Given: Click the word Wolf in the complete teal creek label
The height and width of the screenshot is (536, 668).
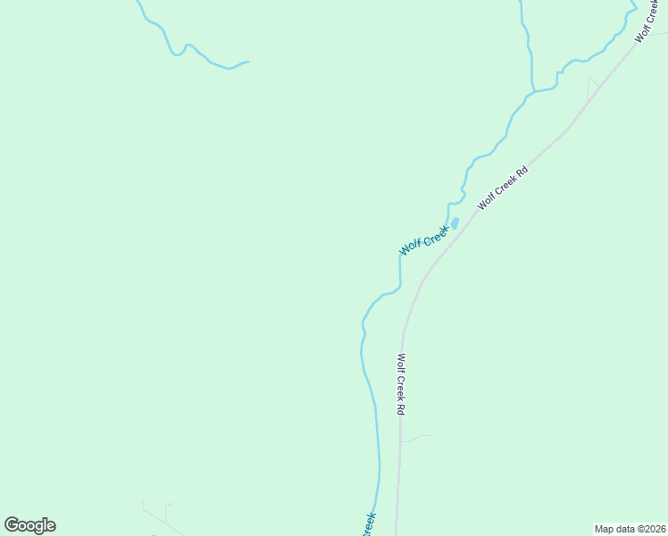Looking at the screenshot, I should pos(409,247).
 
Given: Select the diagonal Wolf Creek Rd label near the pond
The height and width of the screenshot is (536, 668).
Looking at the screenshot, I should pos(503,187).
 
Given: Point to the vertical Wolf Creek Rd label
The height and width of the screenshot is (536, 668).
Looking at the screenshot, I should pos(402,385).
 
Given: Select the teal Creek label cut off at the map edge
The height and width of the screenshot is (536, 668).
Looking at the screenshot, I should pos(369,524).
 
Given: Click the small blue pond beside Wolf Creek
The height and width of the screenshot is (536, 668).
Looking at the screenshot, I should pos(455,223).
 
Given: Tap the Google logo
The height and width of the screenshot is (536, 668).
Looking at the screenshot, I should pos(29,525).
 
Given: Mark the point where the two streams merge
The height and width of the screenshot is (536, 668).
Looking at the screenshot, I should pos(534,92).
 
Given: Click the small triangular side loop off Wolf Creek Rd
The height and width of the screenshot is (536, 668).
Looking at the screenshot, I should pos(592,88).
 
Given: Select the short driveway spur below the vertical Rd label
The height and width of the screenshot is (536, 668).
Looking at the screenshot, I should pos(416,438).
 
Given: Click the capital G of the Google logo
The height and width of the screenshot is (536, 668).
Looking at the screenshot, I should pos(12,524).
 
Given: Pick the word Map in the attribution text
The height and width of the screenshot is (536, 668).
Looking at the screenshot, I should pos(605,529).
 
